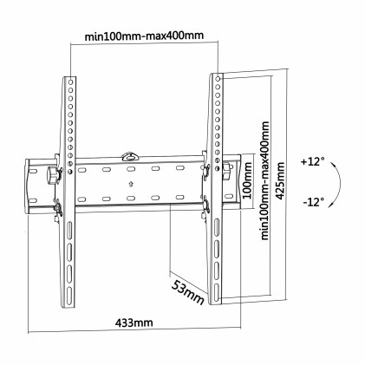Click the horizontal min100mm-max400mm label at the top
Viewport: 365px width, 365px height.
(145, 36)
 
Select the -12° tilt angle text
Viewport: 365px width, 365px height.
(314, 202)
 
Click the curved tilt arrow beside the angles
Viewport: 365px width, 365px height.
(338, 182)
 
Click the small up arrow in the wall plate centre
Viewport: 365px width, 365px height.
(130, 182)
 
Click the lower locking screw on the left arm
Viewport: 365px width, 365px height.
(58, 208)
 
